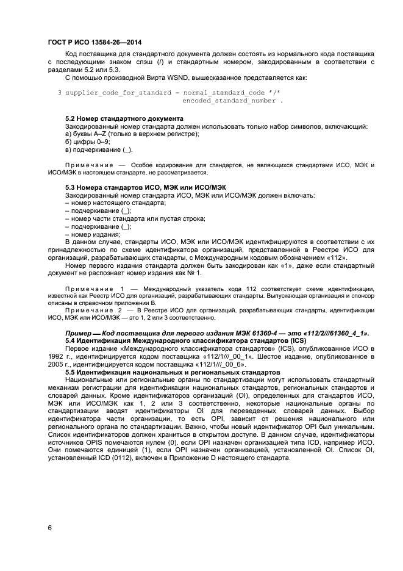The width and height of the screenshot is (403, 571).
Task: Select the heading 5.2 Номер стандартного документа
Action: (x=124, y=118)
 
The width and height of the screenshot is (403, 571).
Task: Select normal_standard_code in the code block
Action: (x=225, y=92)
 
